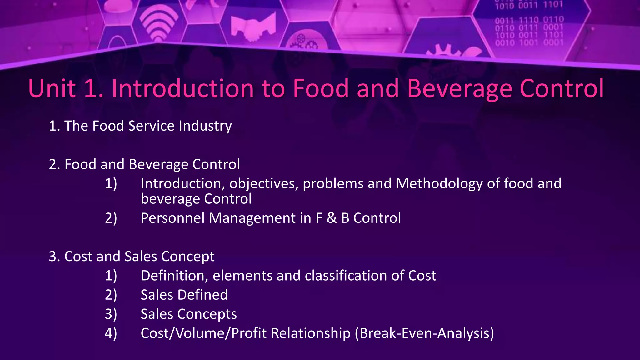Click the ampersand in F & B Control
click(332, 218)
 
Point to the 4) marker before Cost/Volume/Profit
click(111, 333)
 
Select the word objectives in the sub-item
click(264, 183)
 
